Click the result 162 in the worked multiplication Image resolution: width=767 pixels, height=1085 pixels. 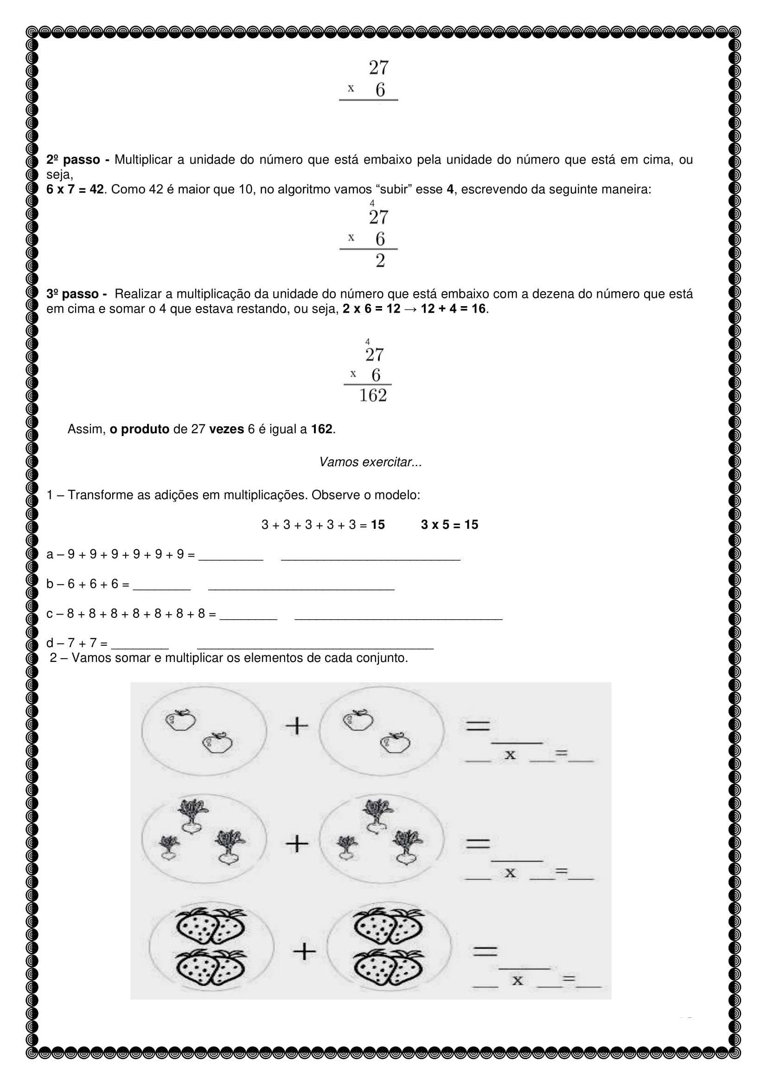click(373, 396)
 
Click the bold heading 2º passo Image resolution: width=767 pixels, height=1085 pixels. click(73, 160)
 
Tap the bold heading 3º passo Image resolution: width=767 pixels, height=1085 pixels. click(72, 294)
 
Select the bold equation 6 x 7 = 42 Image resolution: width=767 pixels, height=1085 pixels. click(75, 190)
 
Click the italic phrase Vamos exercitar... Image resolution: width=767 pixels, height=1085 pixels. click(370, 462)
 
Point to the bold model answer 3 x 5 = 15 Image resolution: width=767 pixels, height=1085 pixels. click(449, 525)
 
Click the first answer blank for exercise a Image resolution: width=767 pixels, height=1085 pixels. click(230, 559)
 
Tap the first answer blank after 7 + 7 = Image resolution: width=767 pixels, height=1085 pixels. click(140, 648)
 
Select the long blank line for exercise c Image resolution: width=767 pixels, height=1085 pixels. click(398, 617)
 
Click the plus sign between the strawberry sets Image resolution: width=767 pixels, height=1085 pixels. click(304, 951)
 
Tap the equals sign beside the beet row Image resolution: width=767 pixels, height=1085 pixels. click(478, 843)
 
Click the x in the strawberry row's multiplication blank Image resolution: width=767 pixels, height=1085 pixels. click(518, 981)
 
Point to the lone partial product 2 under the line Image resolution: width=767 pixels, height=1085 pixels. click(380, 260)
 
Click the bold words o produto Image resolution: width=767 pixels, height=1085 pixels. click(139, 429)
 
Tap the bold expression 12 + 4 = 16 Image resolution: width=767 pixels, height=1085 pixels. click(453, 308)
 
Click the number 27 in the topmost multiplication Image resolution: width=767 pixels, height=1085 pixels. click(378, 68)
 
